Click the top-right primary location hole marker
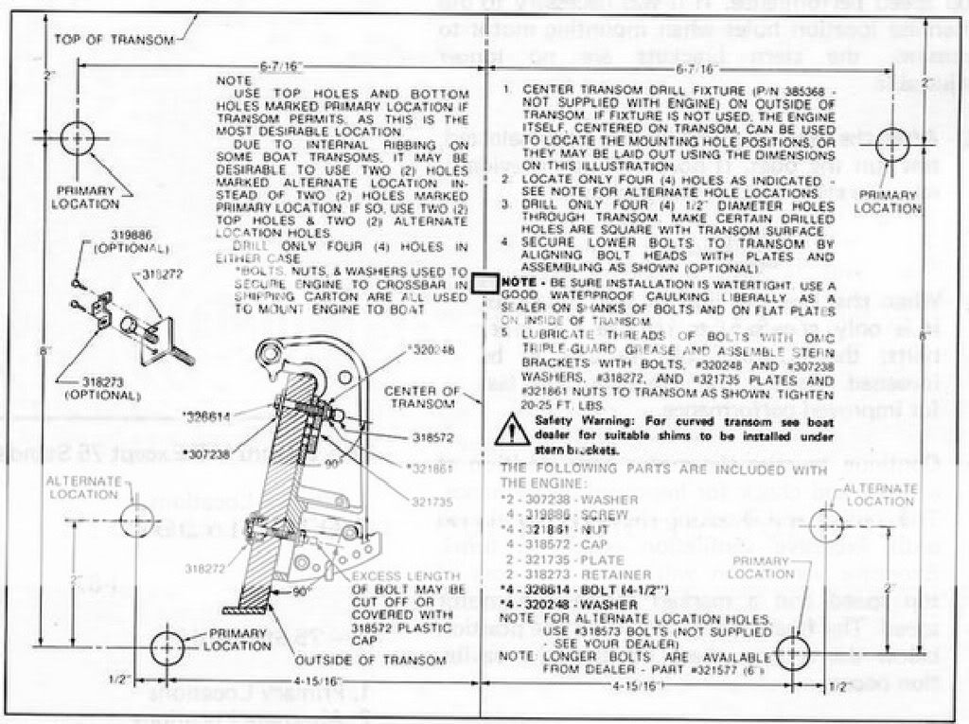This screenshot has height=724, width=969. tap(891, 144)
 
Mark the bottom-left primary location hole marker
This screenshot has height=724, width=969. tap(167, 647)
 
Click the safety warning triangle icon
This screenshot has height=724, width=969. tap(514, 428)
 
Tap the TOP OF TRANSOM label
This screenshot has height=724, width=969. tap(114, 40)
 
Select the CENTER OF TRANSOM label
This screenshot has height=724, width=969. tap(423, 398)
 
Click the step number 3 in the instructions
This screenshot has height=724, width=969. tap(506, 203)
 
